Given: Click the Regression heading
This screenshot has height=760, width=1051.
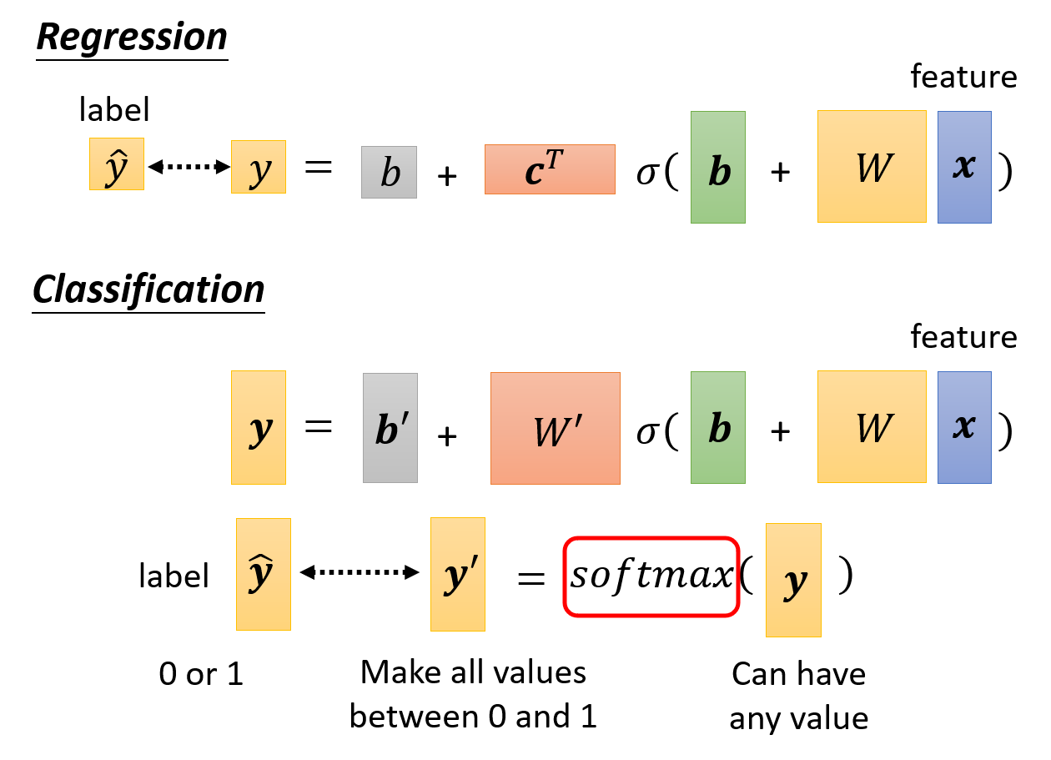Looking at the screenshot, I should (132, 38).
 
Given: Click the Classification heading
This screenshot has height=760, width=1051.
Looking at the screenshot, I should (148, 290).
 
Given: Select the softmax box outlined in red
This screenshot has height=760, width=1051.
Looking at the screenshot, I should (651, 576).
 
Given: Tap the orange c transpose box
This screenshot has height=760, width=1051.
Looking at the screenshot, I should (550, 169).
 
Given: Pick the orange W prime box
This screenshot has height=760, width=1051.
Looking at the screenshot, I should (556, 428).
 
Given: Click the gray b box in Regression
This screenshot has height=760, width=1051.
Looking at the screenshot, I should (389, 172).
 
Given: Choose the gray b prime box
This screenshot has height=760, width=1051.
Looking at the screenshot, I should (390, 428).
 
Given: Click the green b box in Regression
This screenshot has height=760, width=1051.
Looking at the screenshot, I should (718, 168).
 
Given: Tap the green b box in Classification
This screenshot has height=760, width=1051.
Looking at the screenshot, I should (718, 428).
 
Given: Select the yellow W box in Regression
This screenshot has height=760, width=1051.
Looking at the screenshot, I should (872, 167).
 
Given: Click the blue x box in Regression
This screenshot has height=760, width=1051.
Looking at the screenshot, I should (964, 167).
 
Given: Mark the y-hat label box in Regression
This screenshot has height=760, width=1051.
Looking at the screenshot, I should (117, 164).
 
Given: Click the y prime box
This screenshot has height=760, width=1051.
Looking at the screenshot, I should (457, 574).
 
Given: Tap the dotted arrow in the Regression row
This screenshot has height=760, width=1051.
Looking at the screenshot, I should (189, 167).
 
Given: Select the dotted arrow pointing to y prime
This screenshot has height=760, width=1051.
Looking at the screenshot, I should (359, 572).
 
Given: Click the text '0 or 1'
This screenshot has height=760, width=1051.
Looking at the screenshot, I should (201, 675).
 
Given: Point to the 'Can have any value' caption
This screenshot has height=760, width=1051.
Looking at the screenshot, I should (798, 696).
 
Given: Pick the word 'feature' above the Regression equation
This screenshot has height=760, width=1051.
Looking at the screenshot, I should (963, 77).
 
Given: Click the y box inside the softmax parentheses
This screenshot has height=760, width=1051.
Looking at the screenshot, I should (793, 580).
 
